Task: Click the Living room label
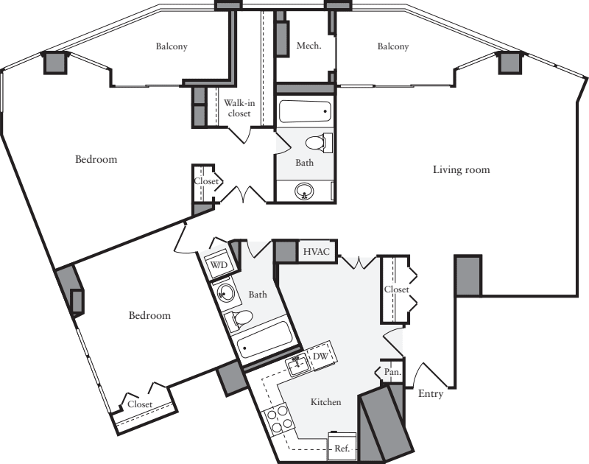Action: point(461,170)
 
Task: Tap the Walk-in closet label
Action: point(238,108)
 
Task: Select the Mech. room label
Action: point(308,46)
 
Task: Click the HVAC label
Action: point(318,252)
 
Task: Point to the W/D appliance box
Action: point(219,265)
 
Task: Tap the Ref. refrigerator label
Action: point(342,447)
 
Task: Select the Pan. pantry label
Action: point(392,373)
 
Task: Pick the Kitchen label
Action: point(325,402)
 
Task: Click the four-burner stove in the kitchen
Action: point(281,421)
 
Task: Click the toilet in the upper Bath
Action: point(317,141)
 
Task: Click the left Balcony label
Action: point(172,46)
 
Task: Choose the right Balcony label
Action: point(392,46)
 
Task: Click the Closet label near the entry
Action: point(396,290)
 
